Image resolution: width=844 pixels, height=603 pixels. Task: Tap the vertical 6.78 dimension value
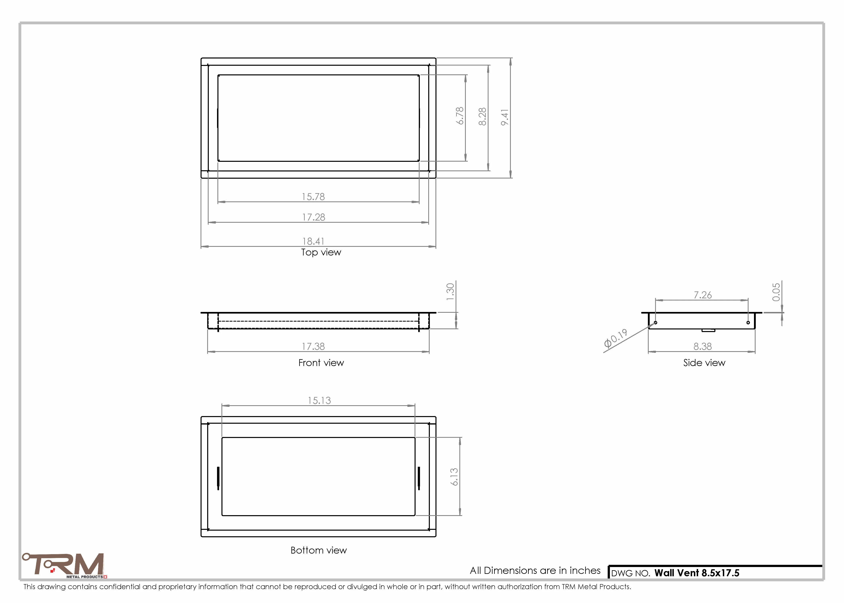[x=460, y=116]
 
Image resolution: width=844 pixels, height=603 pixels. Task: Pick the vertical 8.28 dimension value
[x=482, y=117]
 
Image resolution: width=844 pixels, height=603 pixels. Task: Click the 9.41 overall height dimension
[x=505, y=117]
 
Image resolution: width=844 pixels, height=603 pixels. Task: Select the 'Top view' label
[x=321, y=252]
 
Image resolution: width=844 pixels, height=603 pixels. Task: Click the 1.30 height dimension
[x=450, y=292]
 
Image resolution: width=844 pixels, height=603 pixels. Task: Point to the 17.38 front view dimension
[x=313, y=347]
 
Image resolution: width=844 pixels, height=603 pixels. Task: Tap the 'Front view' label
[x=321, y=363]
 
